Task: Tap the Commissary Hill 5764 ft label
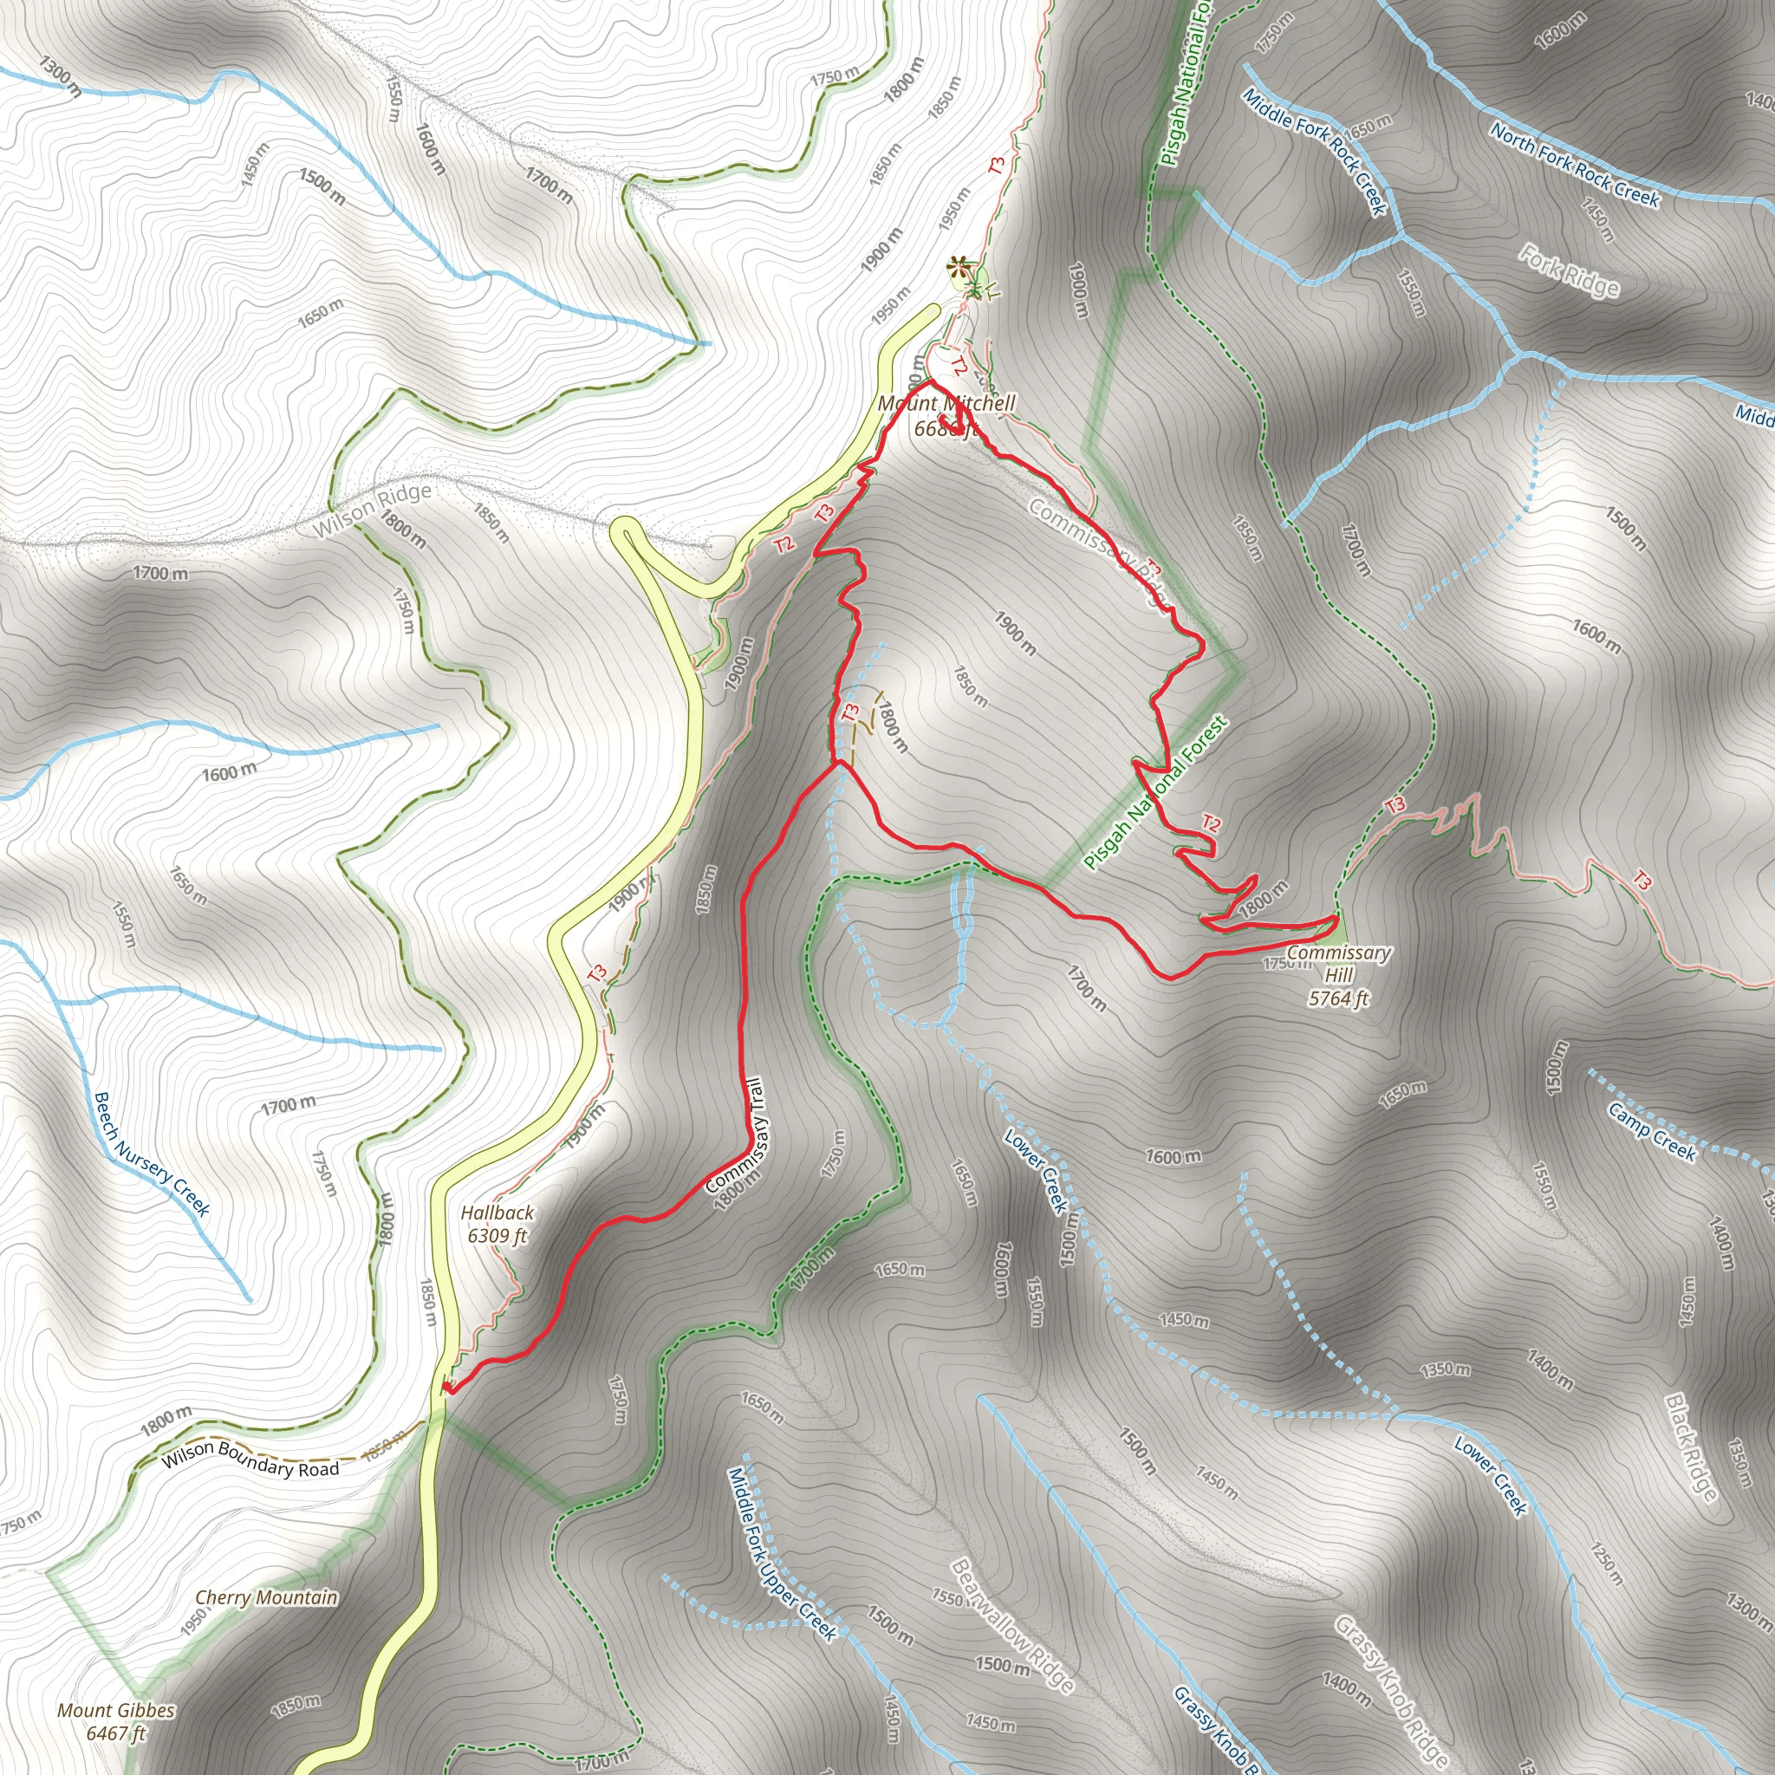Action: tap(1338, 975)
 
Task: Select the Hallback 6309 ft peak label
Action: tap(497, 1224)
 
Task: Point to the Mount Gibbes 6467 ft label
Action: tap(116, 1720)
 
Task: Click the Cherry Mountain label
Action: tap(266, 1597)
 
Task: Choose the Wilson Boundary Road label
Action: tap(250, 1459)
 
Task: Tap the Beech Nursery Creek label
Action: tap(153, 1153)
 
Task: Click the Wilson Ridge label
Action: tap(372, 510)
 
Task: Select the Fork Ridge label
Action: tap(1568, 270)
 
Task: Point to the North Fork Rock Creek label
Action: tap(1574, 166)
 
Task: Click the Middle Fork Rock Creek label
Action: tap(1314, 152)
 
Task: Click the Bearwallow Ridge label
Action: tap(1011, 1625)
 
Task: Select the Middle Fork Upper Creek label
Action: tap(782, 1552)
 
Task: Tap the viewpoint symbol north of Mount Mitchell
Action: tap(959, 270)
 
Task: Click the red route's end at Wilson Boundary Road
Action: tap(447, 1388)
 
